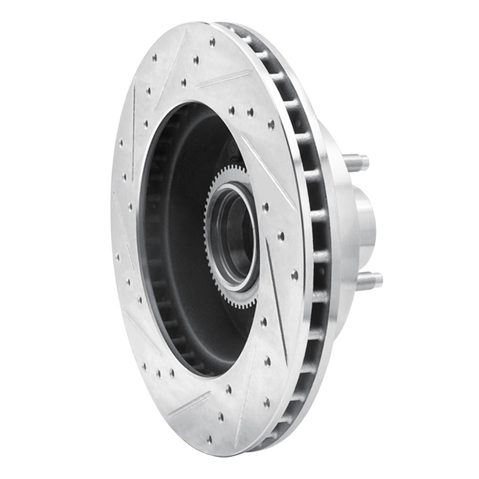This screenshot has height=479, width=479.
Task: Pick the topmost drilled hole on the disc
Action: pyautogui.click(x=213, y=42)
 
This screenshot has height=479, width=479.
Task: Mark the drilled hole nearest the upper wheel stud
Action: pyautogui.click(x=271, y=125)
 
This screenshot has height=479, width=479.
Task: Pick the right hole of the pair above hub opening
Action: pyautogui.click(x=250, y=112)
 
